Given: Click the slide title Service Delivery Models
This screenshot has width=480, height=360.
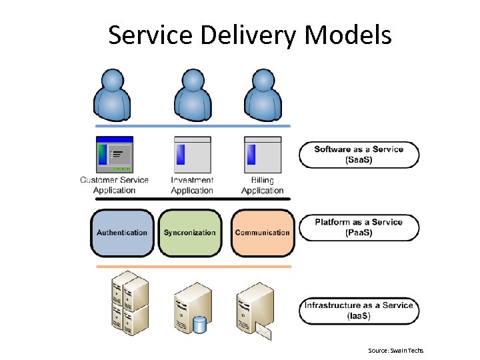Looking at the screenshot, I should point(250,35).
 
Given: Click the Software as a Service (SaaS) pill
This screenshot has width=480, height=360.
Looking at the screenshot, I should point(359,155).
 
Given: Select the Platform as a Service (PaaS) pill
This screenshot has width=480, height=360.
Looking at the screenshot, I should point(359,227).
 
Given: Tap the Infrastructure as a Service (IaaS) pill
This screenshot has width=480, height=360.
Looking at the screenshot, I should point(359,310).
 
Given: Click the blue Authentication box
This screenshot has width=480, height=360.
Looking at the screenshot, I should point(122,233).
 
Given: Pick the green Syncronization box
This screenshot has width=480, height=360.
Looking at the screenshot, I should point(190,233).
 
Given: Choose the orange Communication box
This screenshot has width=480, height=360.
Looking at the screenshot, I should point(262,233).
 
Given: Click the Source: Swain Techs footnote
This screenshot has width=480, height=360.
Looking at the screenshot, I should point(395,351).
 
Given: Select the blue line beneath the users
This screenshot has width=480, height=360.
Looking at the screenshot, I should point(193,126).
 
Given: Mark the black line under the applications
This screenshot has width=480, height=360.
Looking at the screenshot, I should point(193,199).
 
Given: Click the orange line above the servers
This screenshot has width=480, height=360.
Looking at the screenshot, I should point(193,267).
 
